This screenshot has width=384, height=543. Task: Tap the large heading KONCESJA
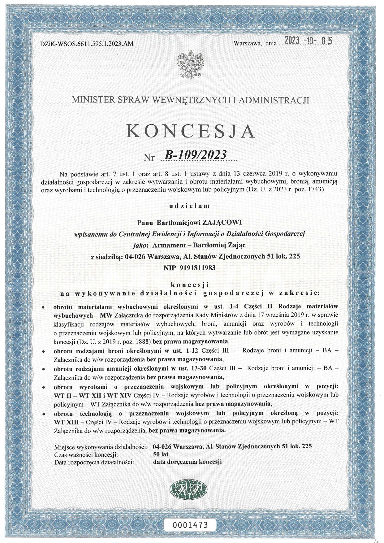tap(191, 131)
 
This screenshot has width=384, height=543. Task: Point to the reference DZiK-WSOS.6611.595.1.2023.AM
tap(87, 44)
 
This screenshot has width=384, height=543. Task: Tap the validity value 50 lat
tap(161, 454)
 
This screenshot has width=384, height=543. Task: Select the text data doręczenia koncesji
tap(188, 462)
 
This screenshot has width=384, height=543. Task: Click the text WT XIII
tap(68, 422)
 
